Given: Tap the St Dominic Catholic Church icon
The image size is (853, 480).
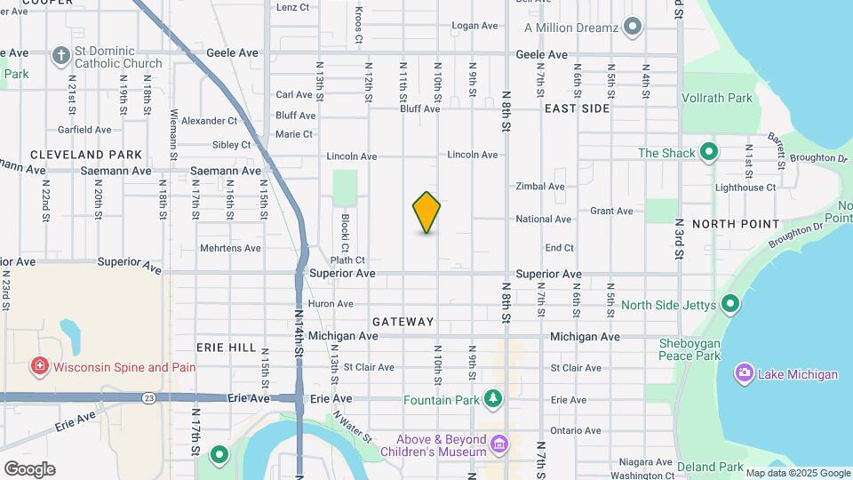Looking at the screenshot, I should (x=60, y=56).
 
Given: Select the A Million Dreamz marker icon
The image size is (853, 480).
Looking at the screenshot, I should (x=633, y=27).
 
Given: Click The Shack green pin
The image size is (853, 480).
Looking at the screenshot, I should (x=708, y=153).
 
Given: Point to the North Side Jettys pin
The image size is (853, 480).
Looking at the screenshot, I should (x=730, y=305).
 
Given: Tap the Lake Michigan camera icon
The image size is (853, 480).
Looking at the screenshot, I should (x=744, y=373).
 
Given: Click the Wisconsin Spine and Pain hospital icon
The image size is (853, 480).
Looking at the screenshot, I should (x=39, y=366).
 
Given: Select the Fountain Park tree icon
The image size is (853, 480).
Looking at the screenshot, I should (x=492, y=400).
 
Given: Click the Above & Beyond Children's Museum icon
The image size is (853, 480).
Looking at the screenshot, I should (x=499, y=443).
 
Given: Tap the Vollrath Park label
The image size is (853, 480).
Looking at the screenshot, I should (x=717, y=98).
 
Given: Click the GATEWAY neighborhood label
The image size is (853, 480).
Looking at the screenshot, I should (x=403, y=322).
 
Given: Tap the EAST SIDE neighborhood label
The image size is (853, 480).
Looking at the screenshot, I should (x=577, y=108).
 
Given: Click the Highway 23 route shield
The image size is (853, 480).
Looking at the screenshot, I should (x=146, y=397).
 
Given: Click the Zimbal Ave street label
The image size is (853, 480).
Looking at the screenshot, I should (x=540, y=187).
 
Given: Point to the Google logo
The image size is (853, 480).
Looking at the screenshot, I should (x=28, y=468).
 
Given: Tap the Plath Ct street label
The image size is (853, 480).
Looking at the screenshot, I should (x=347, y=260).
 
